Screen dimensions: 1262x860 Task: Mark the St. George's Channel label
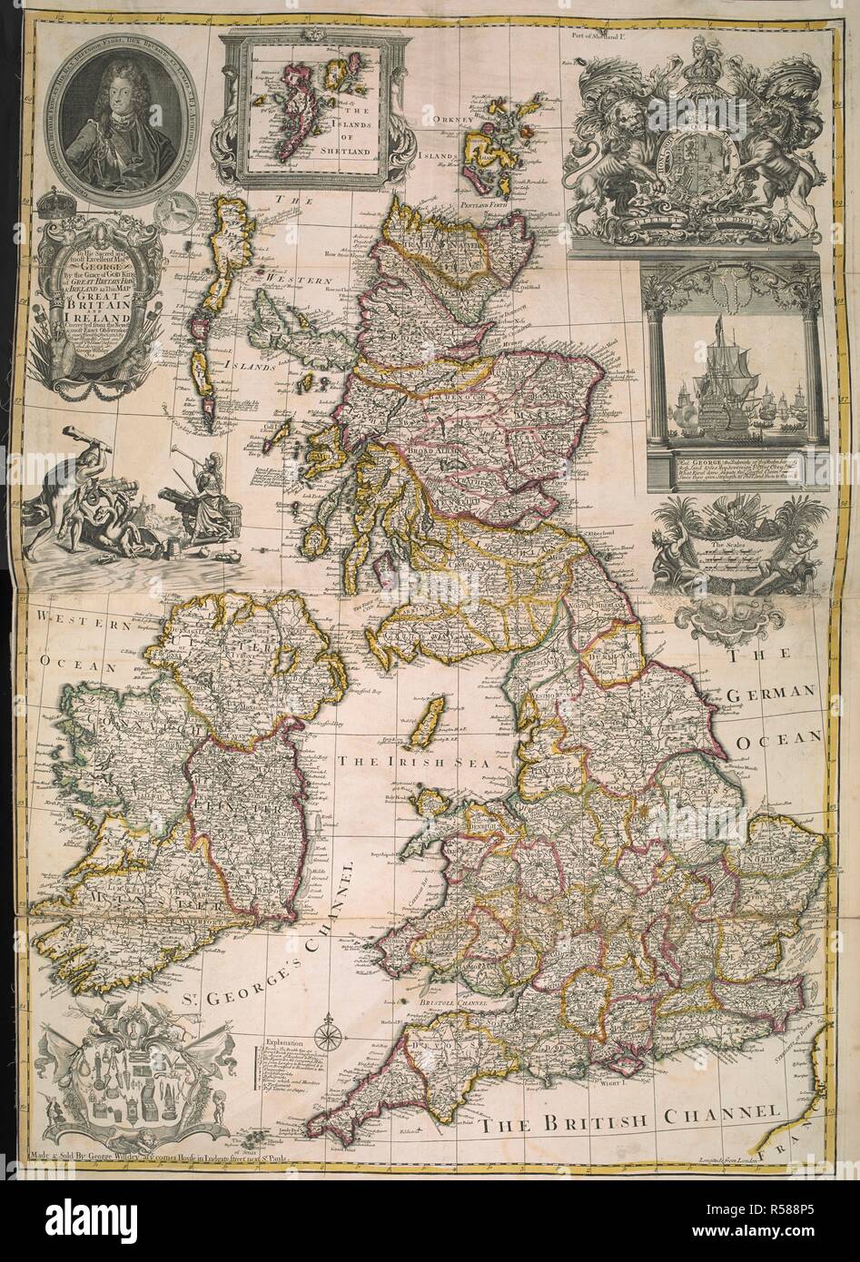pyautogui.click(x=291, y=953)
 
